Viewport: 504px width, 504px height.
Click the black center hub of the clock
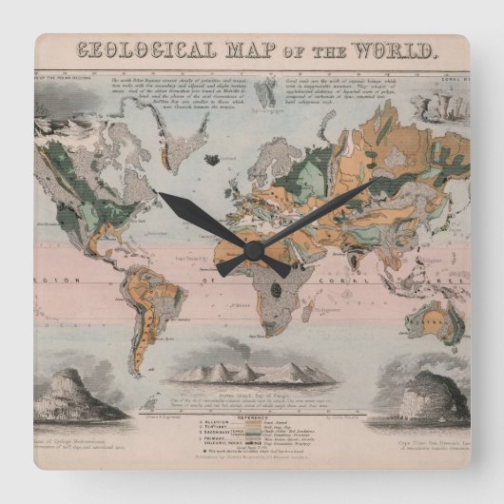point(253,250)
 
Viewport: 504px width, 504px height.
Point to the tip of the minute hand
point(380,181)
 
